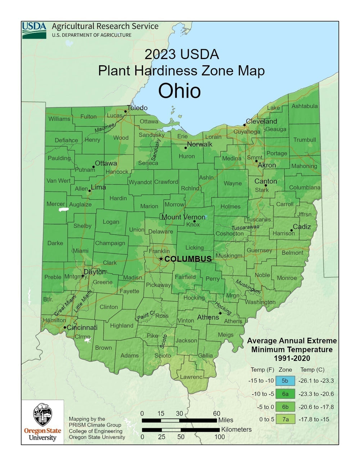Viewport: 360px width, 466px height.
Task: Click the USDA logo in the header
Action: click(x=34, y=30)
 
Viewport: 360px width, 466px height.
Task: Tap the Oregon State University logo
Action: click(x=42, y=422)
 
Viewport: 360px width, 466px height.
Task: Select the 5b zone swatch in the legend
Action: click(x=285, y=381)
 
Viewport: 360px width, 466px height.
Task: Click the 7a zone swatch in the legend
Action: click(x=285, y=419)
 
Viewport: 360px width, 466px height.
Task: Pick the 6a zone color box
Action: click(x=285, y=394)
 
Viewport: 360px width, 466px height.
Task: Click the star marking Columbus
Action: click(x=161, y=259)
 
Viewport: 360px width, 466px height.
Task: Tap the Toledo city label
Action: click(x=137, y=108)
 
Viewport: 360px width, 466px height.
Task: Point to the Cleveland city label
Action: click(x=261, y=121)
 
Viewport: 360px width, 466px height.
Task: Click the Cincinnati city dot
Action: click(x=65, y=327)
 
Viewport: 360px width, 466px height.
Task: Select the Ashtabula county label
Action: click(x=305, y=106)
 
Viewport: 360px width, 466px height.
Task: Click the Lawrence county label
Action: click(x=192, y=377)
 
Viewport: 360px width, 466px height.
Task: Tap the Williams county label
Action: click(x=59, y=119)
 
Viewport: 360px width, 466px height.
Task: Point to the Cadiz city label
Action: click(x=302, y=227)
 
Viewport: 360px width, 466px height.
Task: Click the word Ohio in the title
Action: click(x=179, y=91)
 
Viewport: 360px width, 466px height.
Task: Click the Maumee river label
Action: click(x=104, y=128)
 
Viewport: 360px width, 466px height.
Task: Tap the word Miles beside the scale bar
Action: click(x=226, y=420)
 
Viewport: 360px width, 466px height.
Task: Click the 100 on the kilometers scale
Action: click(x=220, y=437)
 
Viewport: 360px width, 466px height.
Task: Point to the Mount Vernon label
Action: click(x=183, y=217)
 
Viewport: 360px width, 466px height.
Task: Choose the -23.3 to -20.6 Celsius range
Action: click(x=316, y=394)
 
